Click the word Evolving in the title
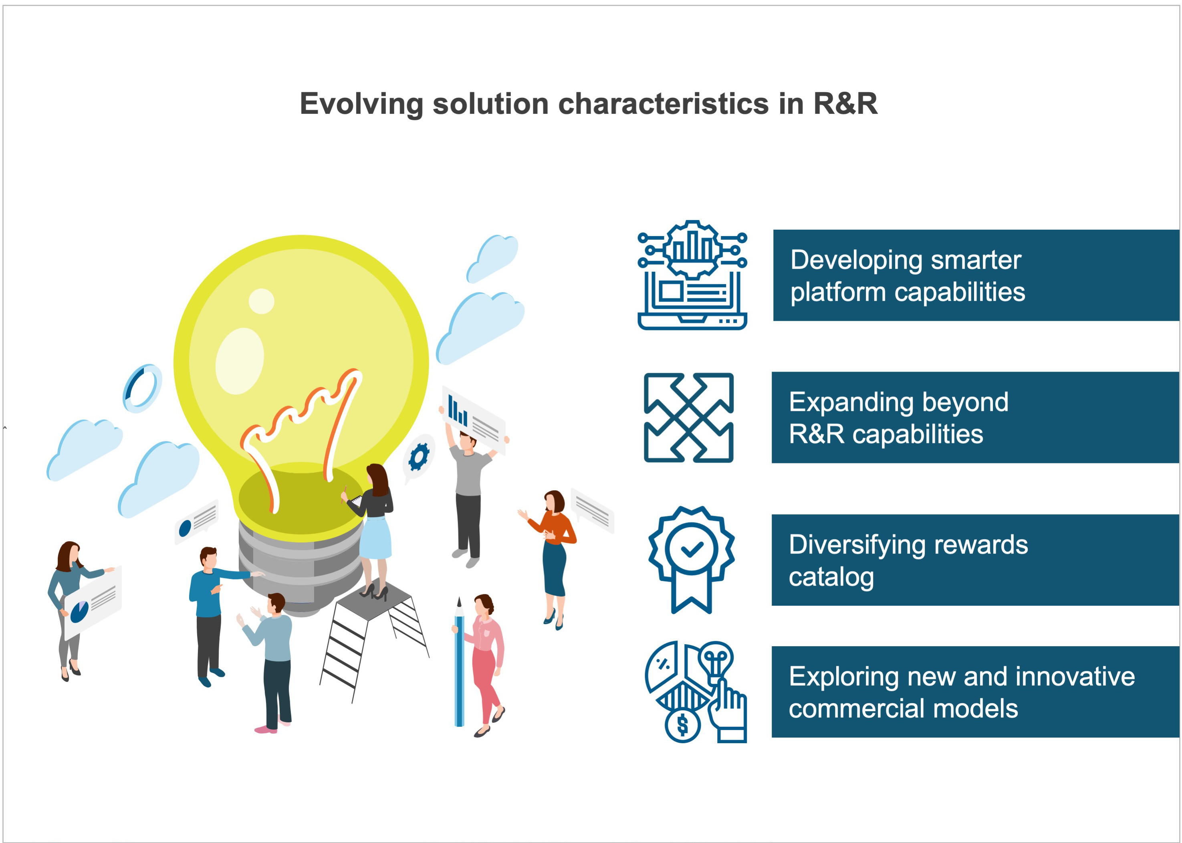[x=361, y=104]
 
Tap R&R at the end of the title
[x=845, y=103]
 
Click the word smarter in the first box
[x=976, y=260]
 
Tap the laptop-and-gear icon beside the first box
[x=692, y=275]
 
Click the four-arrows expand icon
[x=688, y=418]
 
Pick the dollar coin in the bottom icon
[x=682, y=725]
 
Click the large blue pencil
[x=459, y=665]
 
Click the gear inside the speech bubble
[x=419, y=457]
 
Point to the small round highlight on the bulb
[x=262, y=301]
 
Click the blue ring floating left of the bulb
[x=142, y=388]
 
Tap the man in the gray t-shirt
[x=468, y=493]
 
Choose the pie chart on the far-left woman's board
[x=79, y=611]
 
